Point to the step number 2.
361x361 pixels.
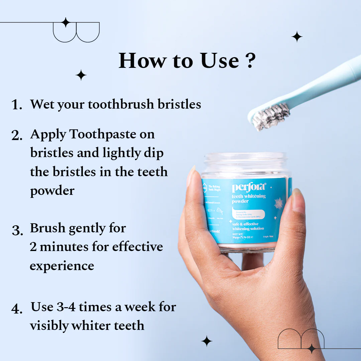[17, 135]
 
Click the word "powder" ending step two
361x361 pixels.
[52, 191]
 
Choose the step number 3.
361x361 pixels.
[17, 230]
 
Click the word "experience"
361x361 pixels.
[62, 266]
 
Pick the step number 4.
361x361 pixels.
[17, 308]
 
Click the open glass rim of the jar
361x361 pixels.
[246, 157]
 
